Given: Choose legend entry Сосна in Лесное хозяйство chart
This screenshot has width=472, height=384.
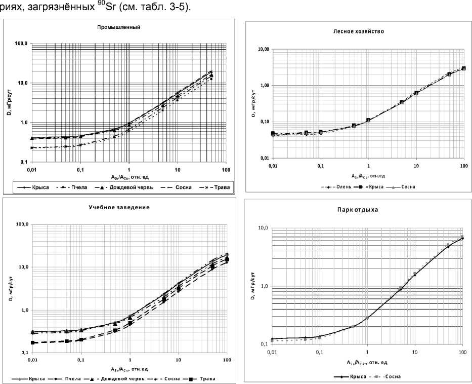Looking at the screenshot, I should click(x=406, y=186).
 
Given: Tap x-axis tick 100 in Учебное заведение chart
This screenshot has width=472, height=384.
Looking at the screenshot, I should click(x=227, y=360).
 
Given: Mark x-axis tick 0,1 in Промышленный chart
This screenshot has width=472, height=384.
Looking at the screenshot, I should click(x=80, y=169).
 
